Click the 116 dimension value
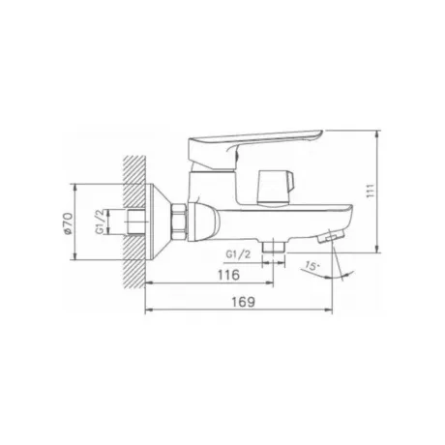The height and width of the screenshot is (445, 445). point(229,275)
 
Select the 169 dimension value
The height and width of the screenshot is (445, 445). point(244,302)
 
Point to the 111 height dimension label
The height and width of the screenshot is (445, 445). point(371,191)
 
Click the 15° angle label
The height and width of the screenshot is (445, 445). point(311,266)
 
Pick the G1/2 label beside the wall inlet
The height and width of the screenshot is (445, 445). point(101,222)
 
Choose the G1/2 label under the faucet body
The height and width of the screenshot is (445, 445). point(238,254)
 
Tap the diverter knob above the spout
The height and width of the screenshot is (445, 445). point(275,188)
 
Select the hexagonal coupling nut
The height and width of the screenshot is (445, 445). point(180,222)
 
